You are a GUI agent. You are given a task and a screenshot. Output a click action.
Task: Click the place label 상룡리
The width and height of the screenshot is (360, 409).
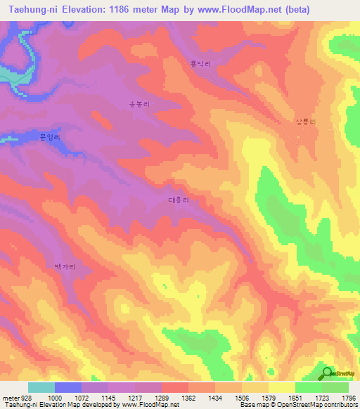305,122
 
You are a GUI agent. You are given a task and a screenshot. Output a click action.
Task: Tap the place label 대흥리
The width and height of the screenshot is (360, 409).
178,200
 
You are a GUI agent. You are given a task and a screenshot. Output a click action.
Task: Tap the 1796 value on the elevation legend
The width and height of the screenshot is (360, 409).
347,397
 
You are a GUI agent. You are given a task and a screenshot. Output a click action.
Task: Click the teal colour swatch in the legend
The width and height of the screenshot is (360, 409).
41,387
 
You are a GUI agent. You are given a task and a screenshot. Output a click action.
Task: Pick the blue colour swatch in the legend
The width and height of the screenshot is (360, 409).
68,387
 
